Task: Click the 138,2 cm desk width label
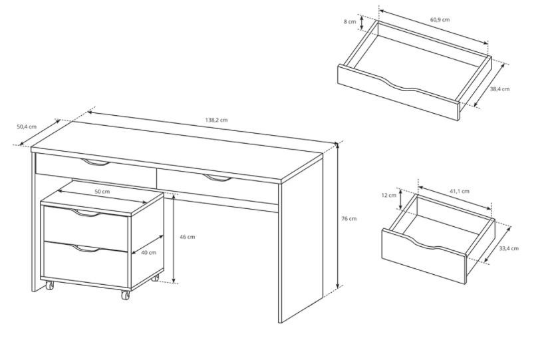[x=216, y=120]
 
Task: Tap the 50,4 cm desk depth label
[x=27, y=126]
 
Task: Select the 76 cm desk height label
[x=348, y=219]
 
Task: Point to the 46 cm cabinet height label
[x=188, y=237]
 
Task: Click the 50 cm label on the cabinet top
[x=102, y=192]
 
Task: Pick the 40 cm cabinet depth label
[x=148, y=253]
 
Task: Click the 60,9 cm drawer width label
[x=440, y=19]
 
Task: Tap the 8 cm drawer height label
[x=350, y=22]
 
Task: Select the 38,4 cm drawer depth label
[x=499, y=89]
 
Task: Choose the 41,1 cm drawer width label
[x=460, y=191]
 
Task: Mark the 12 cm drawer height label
[x=389, y=195]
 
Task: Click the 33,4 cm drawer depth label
[x=509, y=248]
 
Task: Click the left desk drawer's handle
[x=95, y=162]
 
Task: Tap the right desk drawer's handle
[x=217, y=178]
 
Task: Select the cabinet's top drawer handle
[x=86, y=213]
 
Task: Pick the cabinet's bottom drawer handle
[x=86, y=249]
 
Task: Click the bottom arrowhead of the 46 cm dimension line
[x=174, y=280]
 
